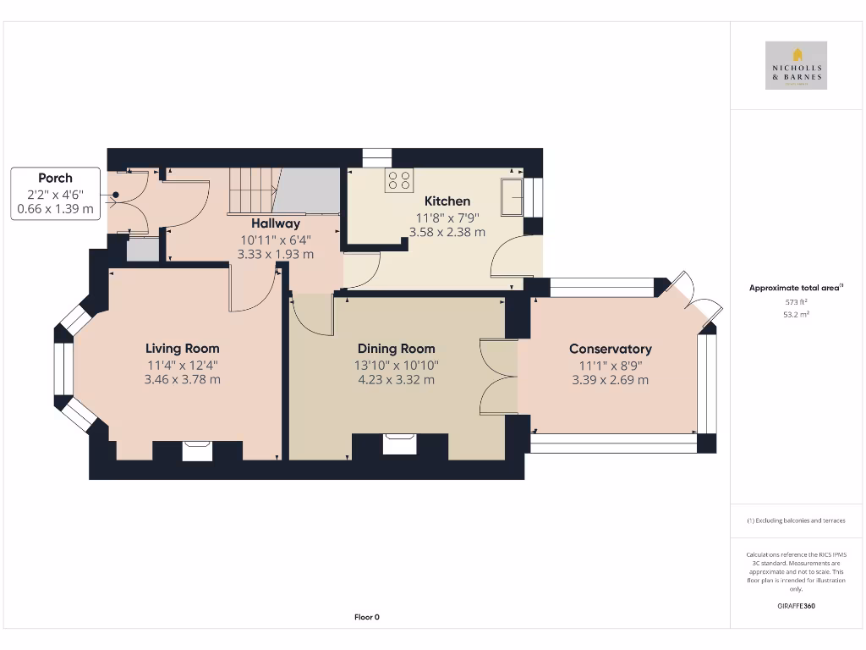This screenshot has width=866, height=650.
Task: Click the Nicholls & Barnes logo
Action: pos(796,65)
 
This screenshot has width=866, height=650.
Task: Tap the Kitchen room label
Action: pos(447,201)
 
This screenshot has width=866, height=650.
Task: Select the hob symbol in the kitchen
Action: pos(398,180)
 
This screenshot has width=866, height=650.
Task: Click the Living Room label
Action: pos(182,348)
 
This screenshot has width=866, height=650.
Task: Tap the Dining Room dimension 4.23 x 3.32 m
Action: pos(396,380)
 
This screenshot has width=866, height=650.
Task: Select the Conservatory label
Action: pos(610,349)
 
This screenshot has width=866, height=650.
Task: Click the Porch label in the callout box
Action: pos(55,178)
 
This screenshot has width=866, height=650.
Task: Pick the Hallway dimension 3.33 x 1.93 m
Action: pos(276,254)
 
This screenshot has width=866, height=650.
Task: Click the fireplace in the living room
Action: pos(197,450)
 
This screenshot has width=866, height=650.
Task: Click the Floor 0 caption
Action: pos(366,617)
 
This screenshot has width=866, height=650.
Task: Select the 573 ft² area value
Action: pos(796,301)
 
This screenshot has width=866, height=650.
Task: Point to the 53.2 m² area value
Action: pos(796,314)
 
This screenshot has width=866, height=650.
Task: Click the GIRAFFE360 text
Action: pos(796,606)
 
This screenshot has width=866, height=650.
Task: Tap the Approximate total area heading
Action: pos(795,288)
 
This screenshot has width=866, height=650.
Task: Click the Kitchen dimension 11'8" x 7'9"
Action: pos(447,217)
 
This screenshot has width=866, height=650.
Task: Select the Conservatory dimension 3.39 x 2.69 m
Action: pos(610,380)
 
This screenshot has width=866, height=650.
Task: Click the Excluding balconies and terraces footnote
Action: pos(796,521)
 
